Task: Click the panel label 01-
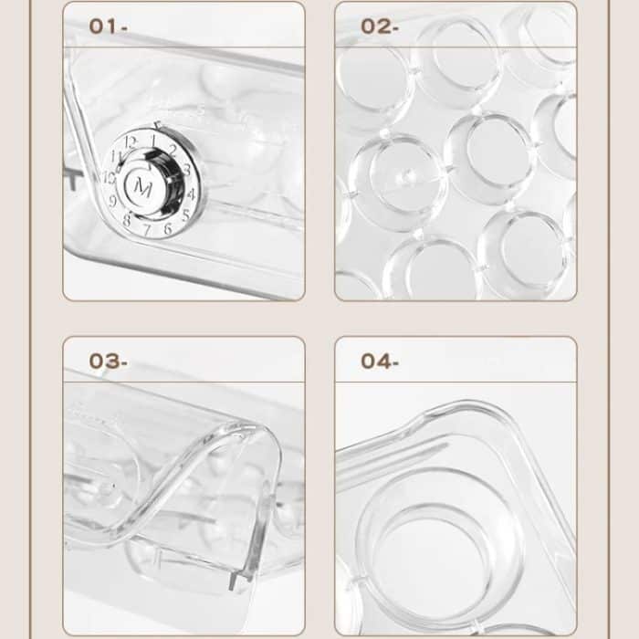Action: point(108,26)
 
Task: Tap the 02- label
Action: point(380,26)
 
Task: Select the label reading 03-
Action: point(108,361)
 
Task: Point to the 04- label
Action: point(380,361)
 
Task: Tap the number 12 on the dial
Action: point(131,142)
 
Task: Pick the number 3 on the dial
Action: point(186,170)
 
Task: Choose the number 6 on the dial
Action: point(167,227)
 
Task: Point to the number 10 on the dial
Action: point(110,178)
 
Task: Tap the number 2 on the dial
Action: point(173,151)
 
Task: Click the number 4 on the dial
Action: point(191,194)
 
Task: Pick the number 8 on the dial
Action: point(127,219)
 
